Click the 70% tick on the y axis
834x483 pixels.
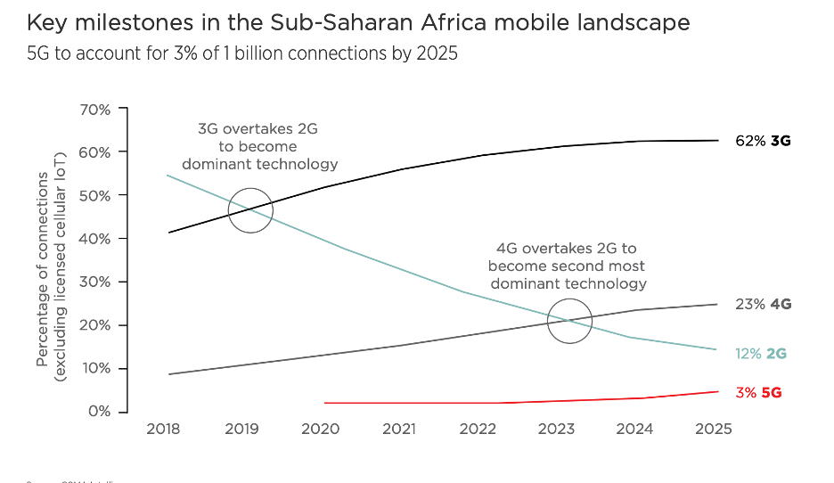[94, 110]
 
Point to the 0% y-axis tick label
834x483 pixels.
[98, 412]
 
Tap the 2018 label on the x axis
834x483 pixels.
[163, 430]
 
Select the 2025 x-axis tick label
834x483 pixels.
[713, 430]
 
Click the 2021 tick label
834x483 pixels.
[399, 430]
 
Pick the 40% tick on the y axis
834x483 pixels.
[94, 239]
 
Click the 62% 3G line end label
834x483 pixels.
[764, 141]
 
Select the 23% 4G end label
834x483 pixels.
[764, 304]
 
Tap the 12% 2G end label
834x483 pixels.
[761, 354]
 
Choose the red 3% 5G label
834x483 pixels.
[759, 393]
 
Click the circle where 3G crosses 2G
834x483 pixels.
[250, 210]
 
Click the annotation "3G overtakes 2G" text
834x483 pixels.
[258, 129]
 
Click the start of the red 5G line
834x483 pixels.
[325, 403]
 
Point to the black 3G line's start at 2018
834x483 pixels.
[169, 233]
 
